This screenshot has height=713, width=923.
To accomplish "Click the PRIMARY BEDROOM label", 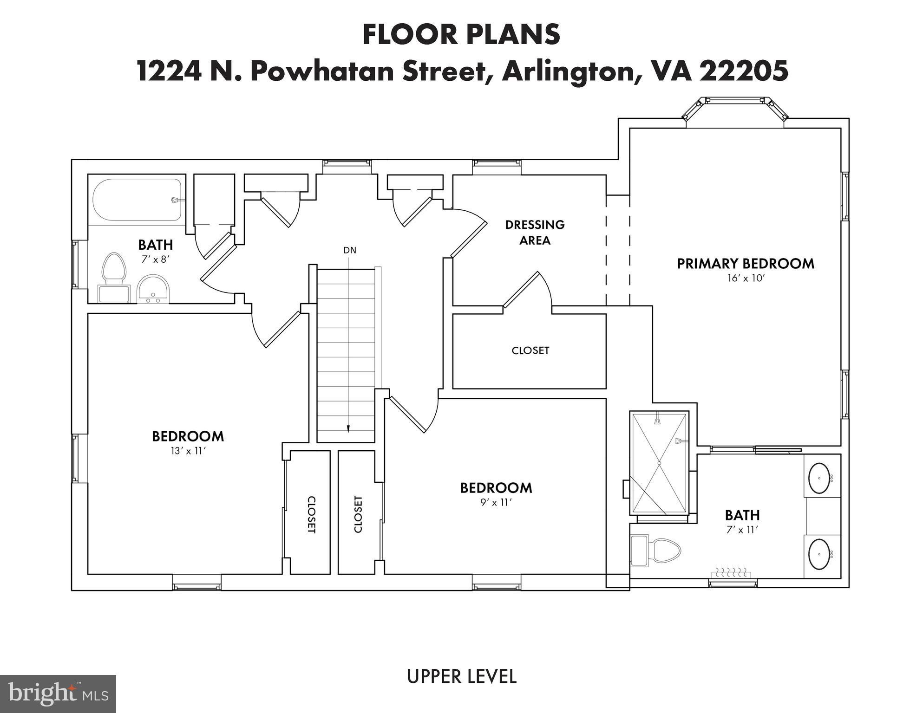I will pos(745,264).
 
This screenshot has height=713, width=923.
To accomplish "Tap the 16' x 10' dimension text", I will pos(746,279).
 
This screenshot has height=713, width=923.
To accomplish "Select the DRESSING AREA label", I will pos(535,232).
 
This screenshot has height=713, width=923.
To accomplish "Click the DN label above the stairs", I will pos(350,250).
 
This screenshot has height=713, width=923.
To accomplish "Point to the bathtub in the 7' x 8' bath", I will pos(137,200).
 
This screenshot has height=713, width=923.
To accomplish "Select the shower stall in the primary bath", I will pos(659,463).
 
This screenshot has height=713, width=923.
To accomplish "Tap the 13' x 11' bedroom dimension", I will pos(188,451).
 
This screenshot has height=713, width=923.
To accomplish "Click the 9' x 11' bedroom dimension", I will pos(496,502).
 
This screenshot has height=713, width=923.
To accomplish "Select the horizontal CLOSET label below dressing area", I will pos(530,350).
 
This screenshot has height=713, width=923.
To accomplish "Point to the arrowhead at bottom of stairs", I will pos(348,429).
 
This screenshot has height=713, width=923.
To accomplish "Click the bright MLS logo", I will pos(58,694).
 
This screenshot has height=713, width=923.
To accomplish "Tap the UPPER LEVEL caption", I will pos(461,677).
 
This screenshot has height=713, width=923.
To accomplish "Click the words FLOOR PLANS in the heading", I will pos(461,35).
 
